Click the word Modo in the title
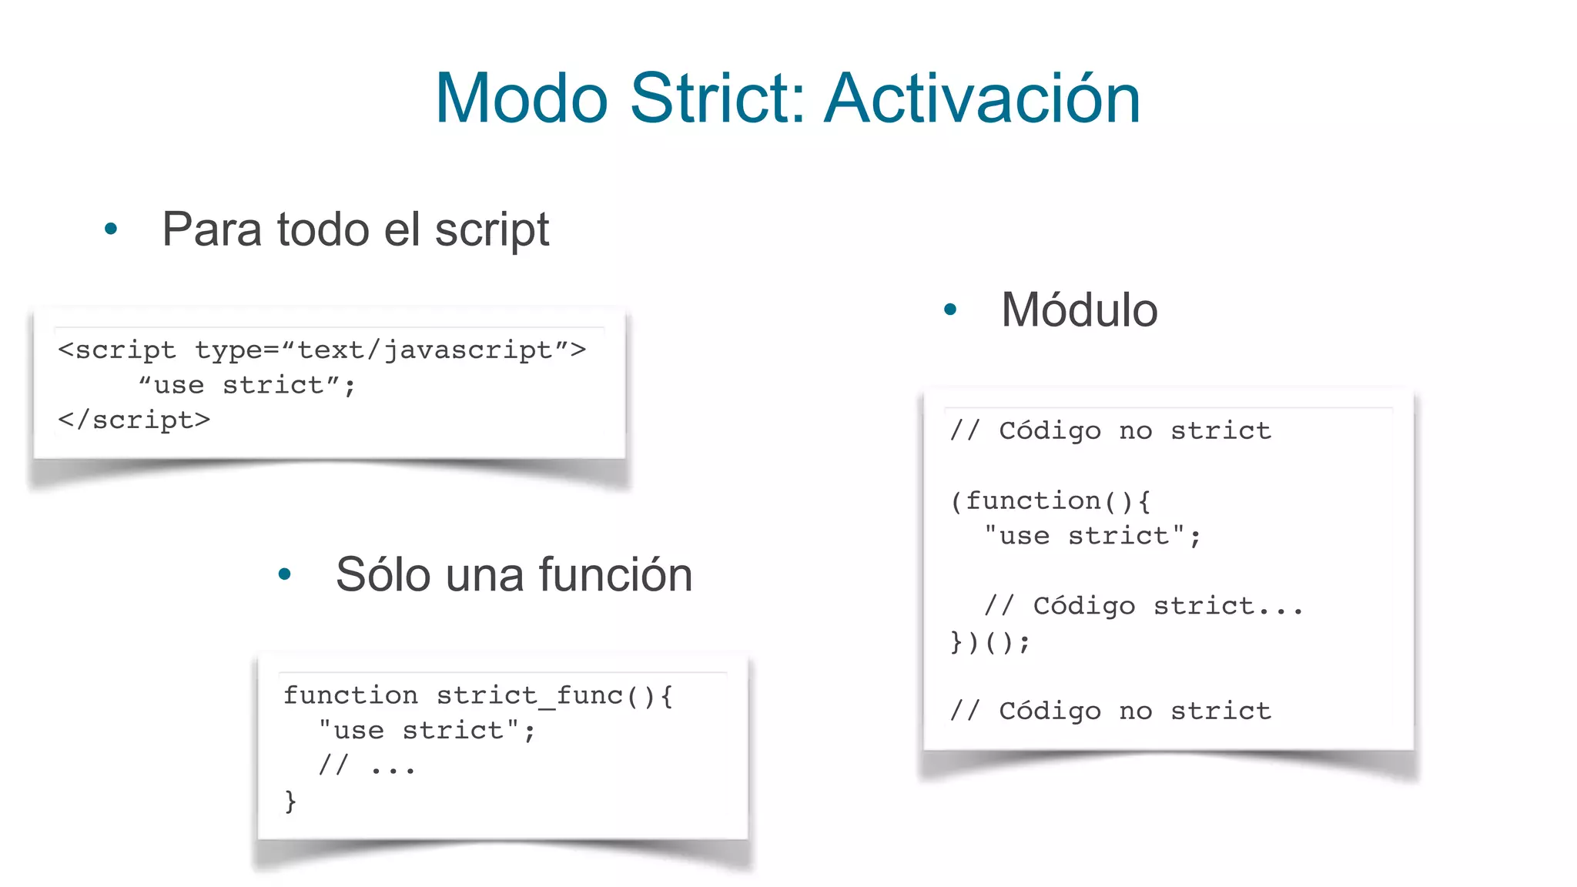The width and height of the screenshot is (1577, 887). (521, 99)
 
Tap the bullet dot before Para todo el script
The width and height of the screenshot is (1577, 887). (111, 229)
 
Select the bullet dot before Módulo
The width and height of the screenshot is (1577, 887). (950, 310)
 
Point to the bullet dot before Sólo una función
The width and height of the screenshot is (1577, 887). (284, 574)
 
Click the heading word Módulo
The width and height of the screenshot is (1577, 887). (1079, 310)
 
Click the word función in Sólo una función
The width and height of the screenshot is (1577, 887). (615, 574)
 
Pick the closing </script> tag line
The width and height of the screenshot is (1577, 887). (134, 420)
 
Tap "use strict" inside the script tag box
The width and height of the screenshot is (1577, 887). (246, 385)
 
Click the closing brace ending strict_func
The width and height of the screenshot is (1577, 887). (290, 801)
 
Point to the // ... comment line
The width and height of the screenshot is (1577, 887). (367, 766)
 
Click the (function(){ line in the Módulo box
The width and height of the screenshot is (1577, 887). (1050, 501)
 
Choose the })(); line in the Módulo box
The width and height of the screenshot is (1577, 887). (989, 641)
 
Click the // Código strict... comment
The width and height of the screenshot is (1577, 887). (1143, 606)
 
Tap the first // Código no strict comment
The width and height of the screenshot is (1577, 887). (1110, 430)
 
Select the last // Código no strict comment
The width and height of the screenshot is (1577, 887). (1110, 711)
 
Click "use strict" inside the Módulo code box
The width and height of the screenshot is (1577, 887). (1092, 536)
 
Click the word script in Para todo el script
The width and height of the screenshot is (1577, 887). (491, 230)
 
